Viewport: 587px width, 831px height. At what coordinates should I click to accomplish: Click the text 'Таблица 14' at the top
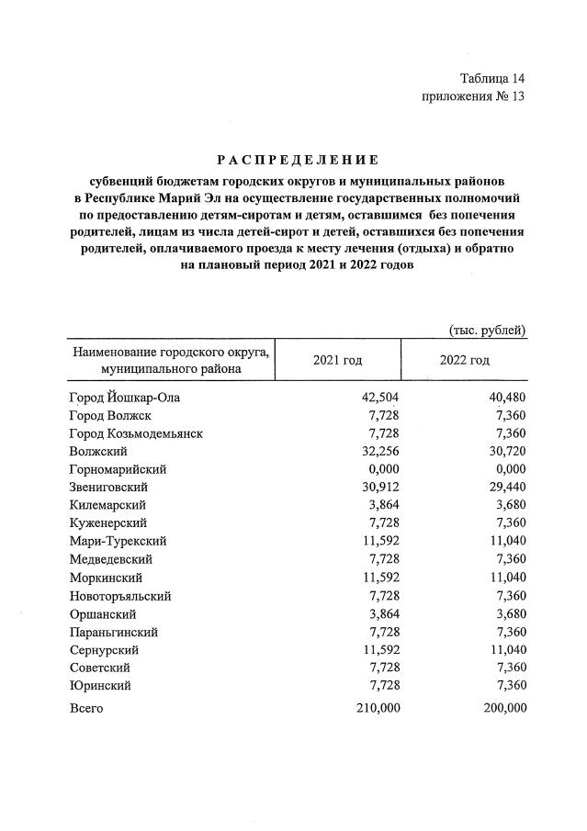click(491, 78)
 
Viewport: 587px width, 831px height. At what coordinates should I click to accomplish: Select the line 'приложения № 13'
click(473, 96)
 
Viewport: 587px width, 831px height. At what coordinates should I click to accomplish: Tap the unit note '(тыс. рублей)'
click(487, 330)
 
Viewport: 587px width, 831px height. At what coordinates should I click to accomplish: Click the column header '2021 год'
click(338, 360)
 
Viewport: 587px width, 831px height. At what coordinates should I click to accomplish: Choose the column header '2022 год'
click(465, 360)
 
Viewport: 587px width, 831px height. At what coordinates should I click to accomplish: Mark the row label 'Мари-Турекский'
click(118, 541)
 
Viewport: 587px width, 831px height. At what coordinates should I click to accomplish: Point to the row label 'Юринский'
click(99, 685)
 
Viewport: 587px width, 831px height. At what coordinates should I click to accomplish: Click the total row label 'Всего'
click(86, 708)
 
